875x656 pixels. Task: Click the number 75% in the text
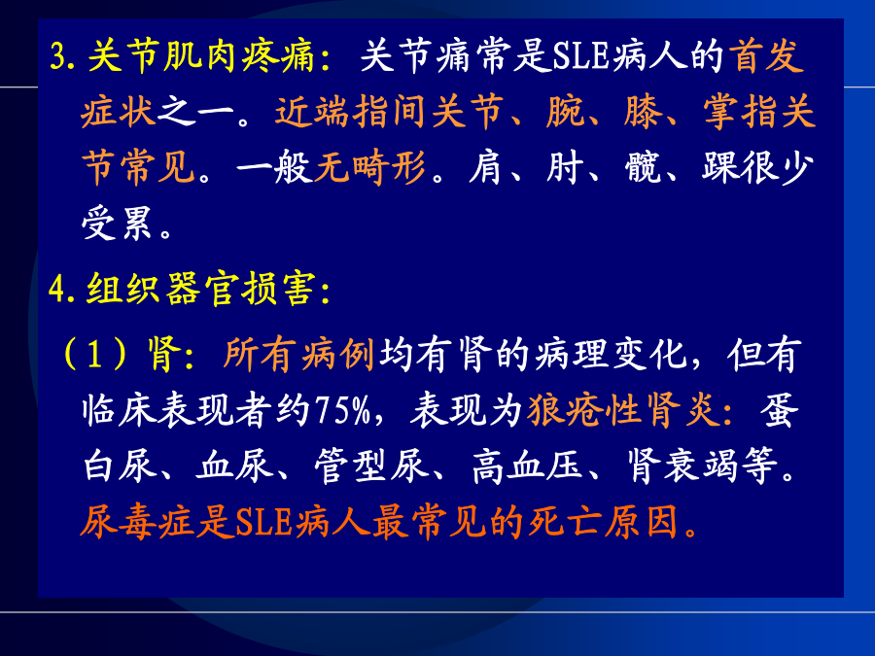(343, 411)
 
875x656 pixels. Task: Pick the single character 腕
(565, 112)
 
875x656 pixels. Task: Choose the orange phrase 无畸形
(370, 167)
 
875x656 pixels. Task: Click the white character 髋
(644, 167)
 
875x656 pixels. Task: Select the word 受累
(118, 224)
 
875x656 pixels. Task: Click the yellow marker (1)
(95, 354)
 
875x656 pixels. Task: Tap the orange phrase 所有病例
(298, 354)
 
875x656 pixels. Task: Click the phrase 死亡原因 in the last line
(603, 523)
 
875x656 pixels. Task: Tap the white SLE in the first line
(579, 56)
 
